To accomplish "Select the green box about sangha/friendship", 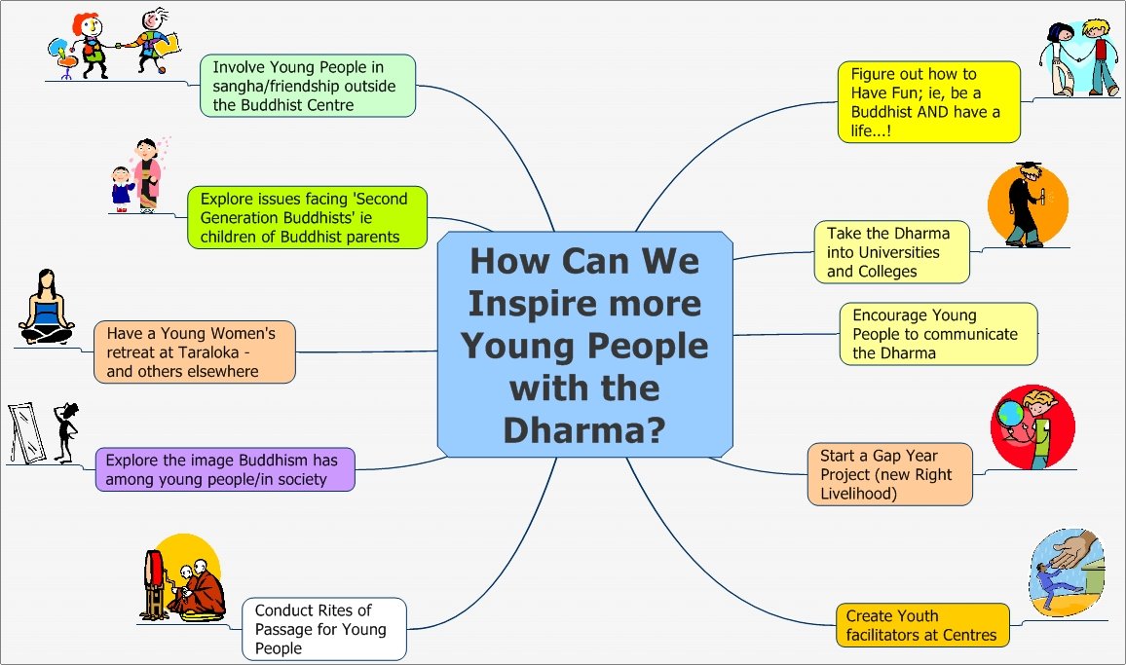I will pyautogui.click(x=308, y=86).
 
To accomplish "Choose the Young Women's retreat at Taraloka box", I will pyautogui.click(x=195, y=351).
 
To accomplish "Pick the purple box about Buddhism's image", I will pyautogui.click(x=225, y=468).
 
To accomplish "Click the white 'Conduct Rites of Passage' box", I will pyautogui.click(x=323, y=628).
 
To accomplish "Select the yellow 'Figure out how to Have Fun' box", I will pyautogui.click(x=928, y=101).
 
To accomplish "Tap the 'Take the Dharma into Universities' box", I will pyautogui.click(x=891, y=251).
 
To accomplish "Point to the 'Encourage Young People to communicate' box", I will pyautogui.click(x=938, y=333).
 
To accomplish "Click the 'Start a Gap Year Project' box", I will pyautogui.click(x=889, y=474).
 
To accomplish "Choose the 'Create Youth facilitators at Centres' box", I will pyautogui.click(x=921, y=625).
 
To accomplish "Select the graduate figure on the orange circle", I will pyautogui.click(x=1022, y=207).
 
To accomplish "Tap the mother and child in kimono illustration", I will pyautogui.click(x=137, y=175).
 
